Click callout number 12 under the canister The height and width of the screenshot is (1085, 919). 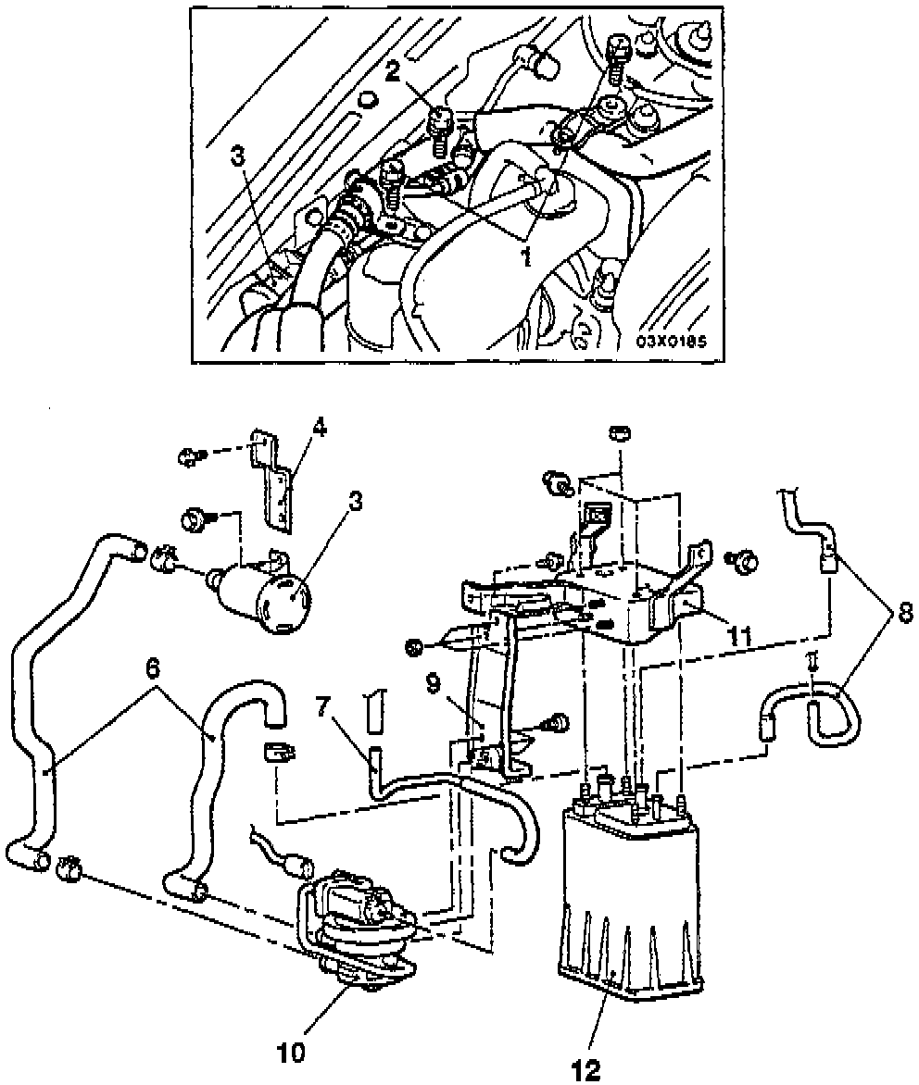[x=586, y=1071]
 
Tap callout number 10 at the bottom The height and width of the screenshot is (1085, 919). [x=291, y=1053]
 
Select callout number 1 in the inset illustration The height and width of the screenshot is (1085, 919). [x=526, y=257]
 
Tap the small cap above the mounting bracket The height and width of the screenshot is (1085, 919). [x=619, y=434]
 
